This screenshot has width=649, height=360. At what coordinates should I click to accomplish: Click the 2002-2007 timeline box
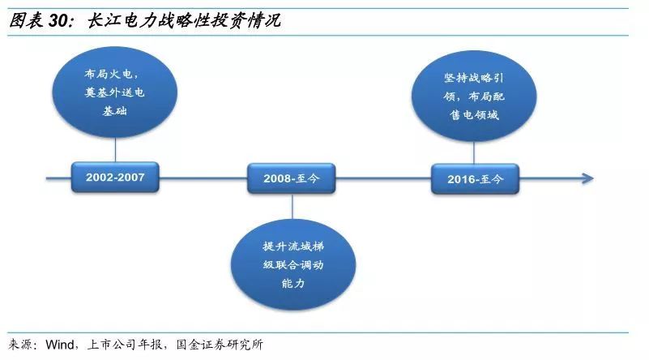[x=115, y=178]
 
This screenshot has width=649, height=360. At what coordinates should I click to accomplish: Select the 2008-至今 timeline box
[x=292, y=178]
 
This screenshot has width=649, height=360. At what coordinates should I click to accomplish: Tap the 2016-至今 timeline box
[x=475, y=179]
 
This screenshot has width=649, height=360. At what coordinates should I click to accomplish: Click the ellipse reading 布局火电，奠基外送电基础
[x=115, y=92]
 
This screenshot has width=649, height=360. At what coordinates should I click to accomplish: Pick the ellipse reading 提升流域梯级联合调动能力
[x=293, y=264]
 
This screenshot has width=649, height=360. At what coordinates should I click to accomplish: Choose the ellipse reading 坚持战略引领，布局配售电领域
[x=474, y=96]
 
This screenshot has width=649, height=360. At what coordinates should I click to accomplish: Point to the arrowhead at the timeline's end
[x=588, y=178]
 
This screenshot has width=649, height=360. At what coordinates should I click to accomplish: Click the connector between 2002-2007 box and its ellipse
[x=115, y=150]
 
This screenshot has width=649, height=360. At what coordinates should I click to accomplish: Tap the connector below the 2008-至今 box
[x=292, y=206]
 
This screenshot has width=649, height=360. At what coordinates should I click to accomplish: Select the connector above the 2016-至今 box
[x=474, y=153]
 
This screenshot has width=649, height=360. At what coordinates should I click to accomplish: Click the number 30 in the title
[x=58, y=21]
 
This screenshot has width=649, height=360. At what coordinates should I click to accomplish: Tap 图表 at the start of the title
[x=26, y=20]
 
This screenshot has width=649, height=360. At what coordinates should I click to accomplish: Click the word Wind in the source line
[x=60, y=345]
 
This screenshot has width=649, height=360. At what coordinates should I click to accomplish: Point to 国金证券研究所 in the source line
[x=220, y=345]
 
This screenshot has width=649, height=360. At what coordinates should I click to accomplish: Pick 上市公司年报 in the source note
[x=124, y=345]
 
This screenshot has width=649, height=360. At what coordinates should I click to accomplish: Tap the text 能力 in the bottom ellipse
[x=293, y=283]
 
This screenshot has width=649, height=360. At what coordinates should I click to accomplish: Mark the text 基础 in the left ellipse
[x=115, y=110]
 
